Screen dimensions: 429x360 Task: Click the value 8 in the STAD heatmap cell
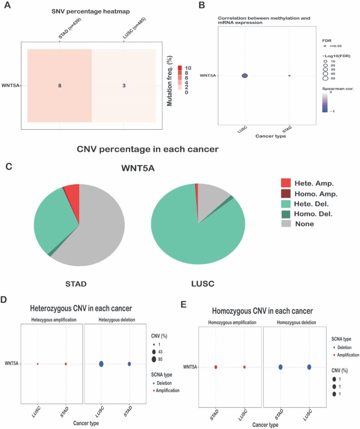click(x=59, y=86)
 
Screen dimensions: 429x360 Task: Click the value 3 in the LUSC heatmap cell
click(x=124, y=86)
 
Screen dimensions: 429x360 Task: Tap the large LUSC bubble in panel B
click(x=245, y=76)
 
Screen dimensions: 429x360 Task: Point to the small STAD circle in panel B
click(x=289, y=76)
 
